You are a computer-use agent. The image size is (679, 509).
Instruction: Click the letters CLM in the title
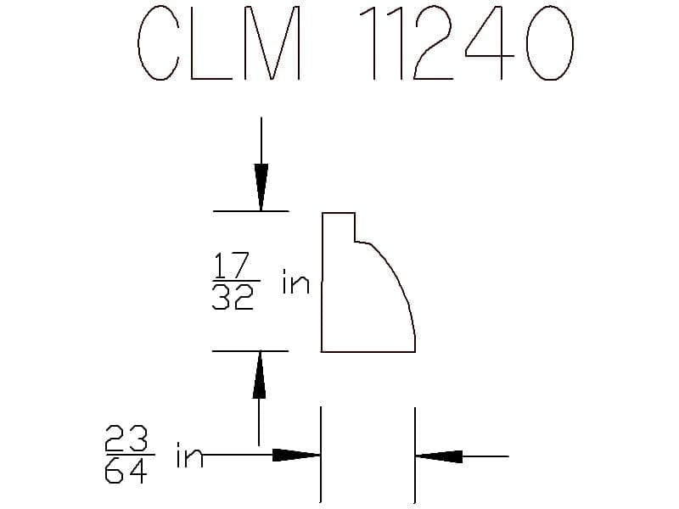(x=219, y=43)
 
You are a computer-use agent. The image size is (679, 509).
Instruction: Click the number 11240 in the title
(x=467, y=43)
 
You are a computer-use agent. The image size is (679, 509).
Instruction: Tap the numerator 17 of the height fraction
(x=232, y=265)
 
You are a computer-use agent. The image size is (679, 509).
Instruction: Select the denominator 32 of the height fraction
(x=233, y=297)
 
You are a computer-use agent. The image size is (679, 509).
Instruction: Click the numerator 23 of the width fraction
(x=126, y=438)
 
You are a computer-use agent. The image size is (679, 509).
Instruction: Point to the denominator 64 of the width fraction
(x=126, y=471)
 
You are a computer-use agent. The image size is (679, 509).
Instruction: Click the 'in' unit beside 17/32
(x=295, y=282)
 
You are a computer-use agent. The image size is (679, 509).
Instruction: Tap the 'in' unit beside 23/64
(x=189, y=455)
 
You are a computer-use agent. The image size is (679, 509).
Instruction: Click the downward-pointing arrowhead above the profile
(x=261, y=187)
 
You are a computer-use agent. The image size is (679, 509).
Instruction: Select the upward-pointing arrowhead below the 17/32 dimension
(x=259, y=374)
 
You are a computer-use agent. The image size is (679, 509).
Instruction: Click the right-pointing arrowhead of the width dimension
(x=296, y=455)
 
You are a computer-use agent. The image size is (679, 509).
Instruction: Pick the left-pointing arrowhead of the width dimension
(x=439, y=456)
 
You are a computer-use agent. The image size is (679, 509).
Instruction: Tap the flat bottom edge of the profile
(x=368, y=351)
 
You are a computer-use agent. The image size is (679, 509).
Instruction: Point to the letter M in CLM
(x=272, y=43)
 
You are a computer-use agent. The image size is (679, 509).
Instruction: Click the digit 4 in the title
(x=490, y=43)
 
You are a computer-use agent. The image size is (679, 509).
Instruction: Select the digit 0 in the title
(x=550, y=43)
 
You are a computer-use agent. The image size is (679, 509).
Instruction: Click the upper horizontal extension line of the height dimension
(x=251, y=211)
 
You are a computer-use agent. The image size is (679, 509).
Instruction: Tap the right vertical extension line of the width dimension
(x=415, y=455)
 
